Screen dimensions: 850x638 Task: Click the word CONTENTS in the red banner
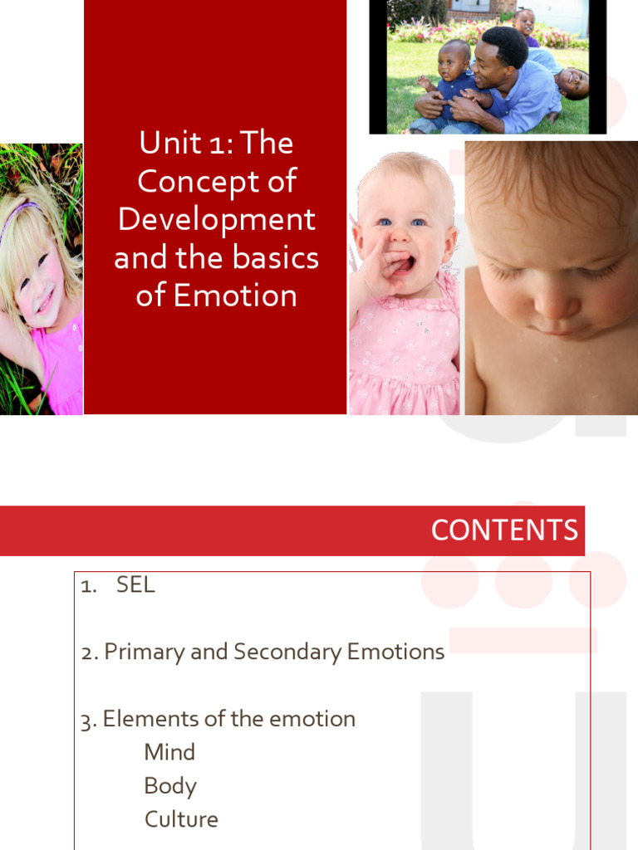pyautogui.click(x=504, y=530)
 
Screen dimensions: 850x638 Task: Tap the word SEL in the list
pyautogui.click(x=135, y=585)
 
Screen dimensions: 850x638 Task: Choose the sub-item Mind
pyautogui.click(x=169, y=752)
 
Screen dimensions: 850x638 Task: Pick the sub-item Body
pyautogui.click(x=170, y=786)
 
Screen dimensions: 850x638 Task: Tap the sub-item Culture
pyautogui.click(x=181, y=819)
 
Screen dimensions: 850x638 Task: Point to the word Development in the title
pyautogui.click(x=216, y=220)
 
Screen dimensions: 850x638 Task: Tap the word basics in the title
pyautogui.click(x=276, y=258)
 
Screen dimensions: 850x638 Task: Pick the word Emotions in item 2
pyautogui.click(x=395, y=652)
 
